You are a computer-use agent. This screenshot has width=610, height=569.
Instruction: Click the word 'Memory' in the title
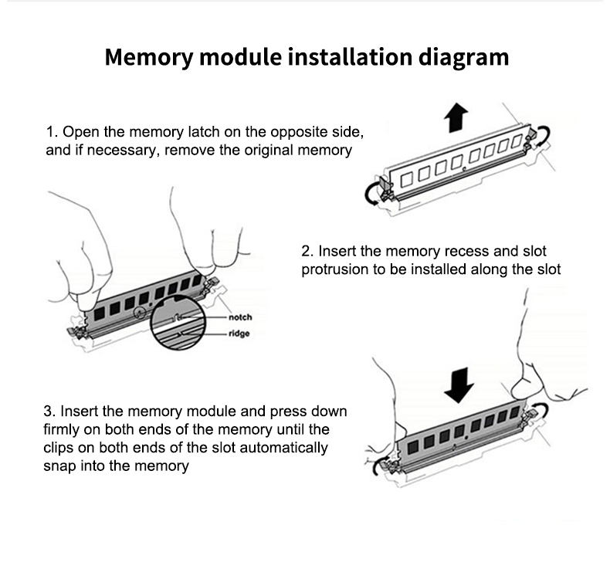149,58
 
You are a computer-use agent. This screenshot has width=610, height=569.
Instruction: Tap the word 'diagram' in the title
464,58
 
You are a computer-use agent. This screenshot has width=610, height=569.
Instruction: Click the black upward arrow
456,118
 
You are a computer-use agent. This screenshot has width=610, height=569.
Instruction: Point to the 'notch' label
240,317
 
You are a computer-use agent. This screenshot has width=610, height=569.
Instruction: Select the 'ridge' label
239,334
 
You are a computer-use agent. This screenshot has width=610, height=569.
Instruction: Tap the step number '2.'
307,251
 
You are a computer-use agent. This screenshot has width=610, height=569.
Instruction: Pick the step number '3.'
49,411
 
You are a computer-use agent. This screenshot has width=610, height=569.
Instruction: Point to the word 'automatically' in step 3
283,448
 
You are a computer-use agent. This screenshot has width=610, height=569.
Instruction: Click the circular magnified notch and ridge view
178,323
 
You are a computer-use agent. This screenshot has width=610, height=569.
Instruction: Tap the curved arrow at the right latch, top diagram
544,135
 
